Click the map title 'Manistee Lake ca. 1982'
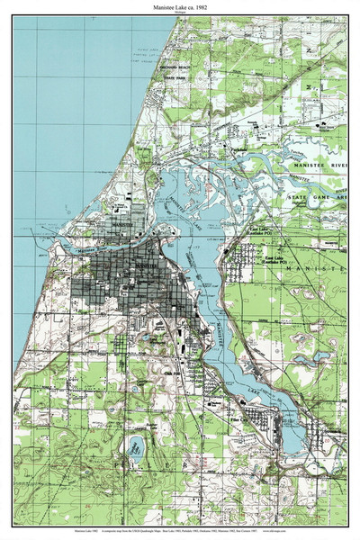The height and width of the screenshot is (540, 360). click(180, 6)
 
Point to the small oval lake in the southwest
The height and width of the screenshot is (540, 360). click(137, 445)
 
